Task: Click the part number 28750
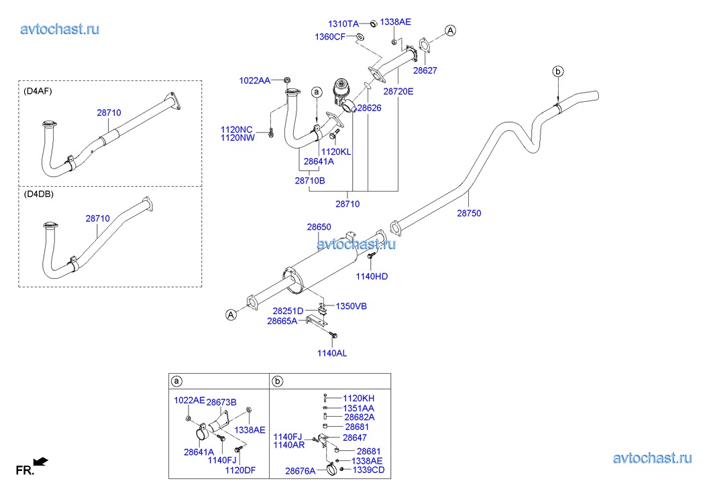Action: [469, 214]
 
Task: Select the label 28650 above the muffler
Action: [319, 228]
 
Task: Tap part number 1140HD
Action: [372, 276]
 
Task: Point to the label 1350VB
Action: [351, 306]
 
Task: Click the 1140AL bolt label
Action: [332, 353]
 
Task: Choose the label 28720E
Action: [398, 90]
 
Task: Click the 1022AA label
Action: [254, 80]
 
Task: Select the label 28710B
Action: [309, 181]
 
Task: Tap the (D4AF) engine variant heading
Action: [38, 91]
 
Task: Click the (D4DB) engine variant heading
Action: [38, 194]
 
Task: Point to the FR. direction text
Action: [24, 471]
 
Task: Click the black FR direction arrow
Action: [42, 461]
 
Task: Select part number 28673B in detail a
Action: [221, 402]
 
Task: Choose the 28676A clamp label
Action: [300, 471]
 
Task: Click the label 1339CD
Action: [368, 470]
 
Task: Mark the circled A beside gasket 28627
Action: [450, 30]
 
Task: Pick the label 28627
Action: [425, 70]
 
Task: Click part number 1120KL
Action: [336, 152]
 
